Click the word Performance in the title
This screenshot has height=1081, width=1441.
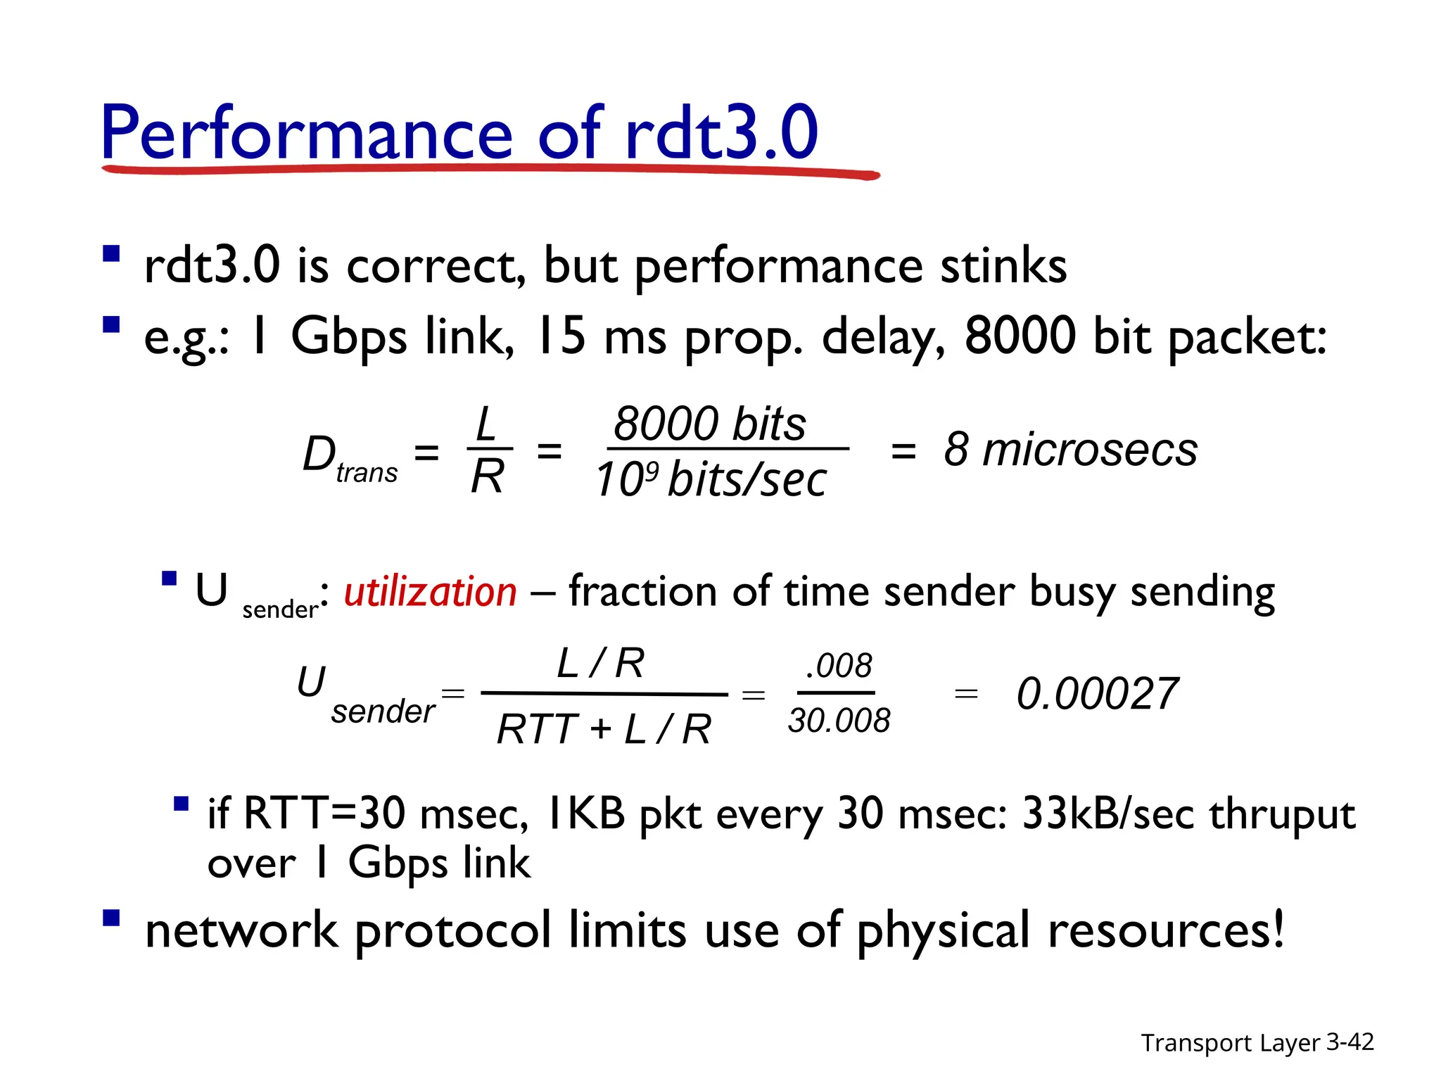point(307,134)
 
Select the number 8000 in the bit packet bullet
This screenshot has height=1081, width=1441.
point(1020,336)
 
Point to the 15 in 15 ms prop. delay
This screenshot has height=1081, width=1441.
point(560,336)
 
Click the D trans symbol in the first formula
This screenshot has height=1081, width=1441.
point(348,457)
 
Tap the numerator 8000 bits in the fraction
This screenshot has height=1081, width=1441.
point(709,424)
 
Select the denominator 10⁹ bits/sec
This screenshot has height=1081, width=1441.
point(711,481)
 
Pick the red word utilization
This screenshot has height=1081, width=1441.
point(430,592)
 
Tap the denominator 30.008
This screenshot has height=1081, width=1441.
point(839,721)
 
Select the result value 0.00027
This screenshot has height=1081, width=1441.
point(1097,695)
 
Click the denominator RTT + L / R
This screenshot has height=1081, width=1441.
point(604,729)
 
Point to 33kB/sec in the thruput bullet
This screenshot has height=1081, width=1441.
point(1109,814)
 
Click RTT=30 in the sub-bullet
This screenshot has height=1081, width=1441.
point(324,814)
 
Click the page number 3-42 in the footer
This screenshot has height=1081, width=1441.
point(1350,1042)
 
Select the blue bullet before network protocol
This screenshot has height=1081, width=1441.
point(111,918)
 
